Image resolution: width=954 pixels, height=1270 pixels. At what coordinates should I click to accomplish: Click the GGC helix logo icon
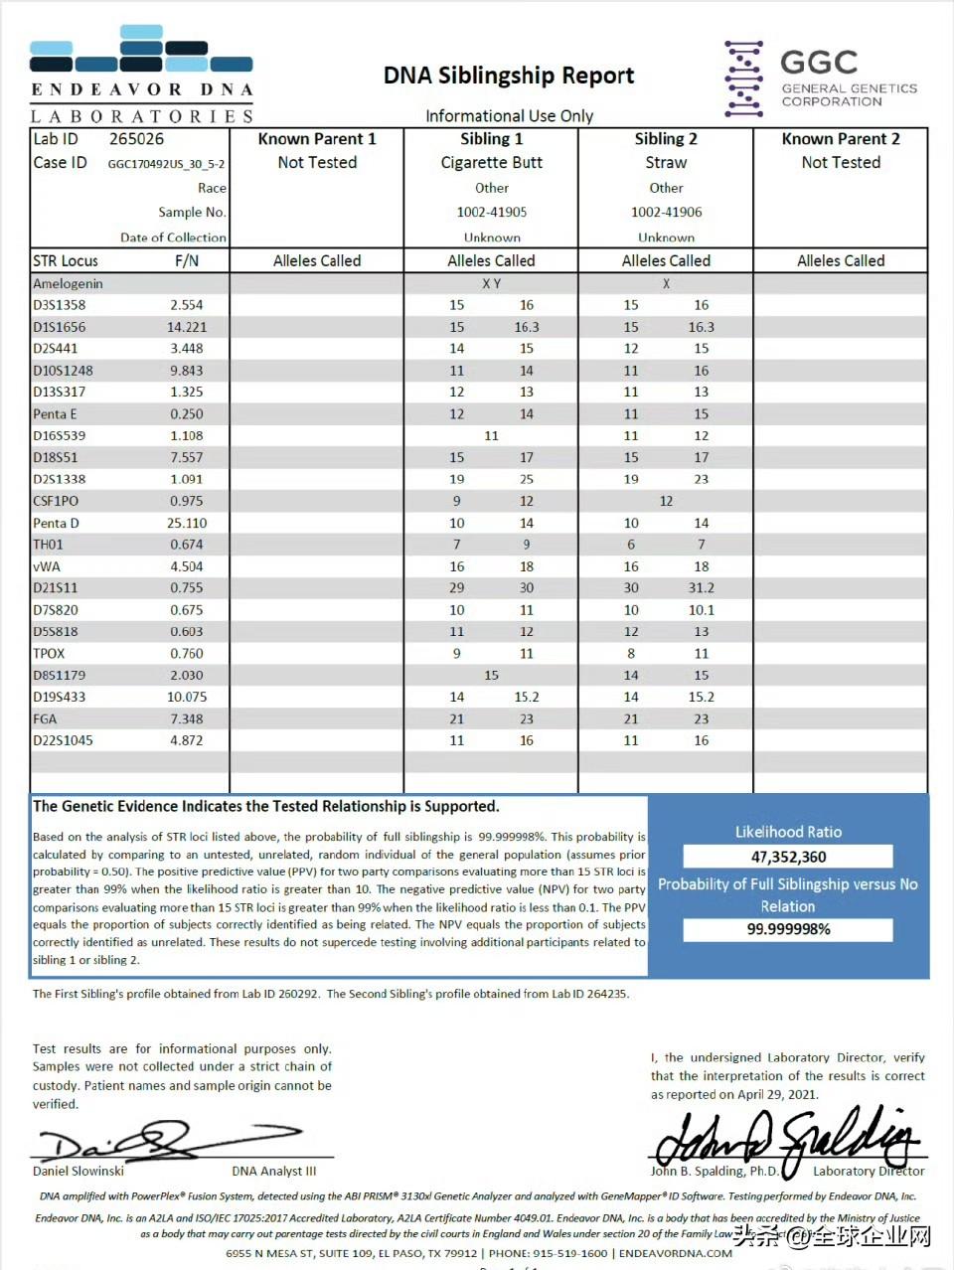coord(743,79)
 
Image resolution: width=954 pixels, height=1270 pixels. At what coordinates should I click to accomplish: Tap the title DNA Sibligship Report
coord(509,76)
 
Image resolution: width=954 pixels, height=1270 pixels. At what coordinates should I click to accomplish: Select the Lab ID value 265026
coord(136,139)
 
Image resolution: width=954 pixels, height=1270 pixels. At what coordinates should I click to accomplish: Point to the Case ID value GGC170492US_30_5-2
coord(166,164)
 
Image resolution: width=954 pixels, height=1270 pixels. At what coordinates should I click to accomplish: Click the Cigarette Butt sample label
coord(491,163)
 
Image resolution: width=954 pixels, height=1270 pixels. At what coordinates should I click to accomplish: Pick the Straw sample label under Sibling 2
coord(666,163)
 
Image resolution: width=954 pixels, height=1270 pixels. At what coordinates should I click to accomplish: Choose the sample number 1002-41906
coord(666,213)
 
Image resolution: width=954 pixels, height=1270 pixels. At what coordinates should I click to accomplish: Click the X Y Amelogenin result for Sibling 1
coord(491,284)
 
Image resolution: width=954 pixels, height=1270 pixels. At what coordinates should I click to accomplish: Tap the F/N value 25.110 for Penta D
coord(187,524)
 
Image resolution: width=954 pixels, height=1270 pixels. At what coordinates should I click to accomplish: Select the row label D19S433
coord(60,698)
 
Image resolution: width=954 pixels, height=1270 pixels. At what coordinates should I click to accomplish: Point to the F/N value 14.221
coord(187,327)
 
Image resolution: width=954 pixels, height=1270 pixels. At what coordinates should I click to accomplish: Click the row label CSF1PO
coord(56,502)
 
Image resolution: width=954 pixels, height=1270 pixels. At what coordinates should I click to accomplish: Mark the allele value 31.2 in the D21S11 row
coord(701,588)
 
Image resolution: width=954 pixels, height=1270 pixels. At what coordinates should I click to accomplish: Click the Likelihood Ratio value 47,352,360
coord(788,857)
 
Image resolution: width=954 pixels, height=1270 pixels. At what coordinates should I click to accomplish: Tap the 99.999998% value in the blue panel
coord(788,929)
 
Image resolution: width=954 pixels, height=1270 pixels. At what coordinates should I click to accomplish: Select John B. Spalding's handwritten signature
coord(785,1138)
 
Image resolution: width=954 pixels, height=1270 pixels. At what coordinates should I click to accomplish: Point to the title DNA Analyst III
coord(274,1172)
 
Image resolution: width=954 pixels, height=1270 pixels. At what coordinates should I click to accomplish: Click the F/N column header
coord(187,261)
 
